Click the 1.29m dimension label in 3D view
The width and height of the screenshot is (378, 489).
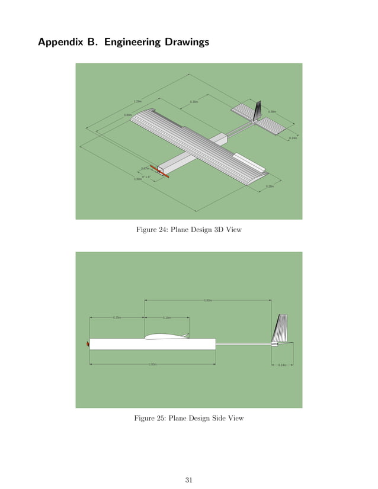[x=137, y=101]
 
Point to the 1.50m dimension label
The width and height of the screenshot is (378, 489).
[x=138, y=178]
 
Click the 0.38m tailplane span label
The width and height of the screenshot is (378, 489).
[x=271, y=111]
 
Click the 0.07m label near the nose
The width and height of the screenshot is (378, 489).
[x=145, y=168]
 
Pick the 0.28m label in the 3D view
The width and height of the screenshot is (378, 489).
[x=270, y=186]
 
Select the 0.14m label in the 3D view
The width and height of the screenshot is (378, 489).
[x=292, y=138]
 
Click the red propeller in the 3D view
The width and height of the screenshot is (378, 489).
[x=159, y=171]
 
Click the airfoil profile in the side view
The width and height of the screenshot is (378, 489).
[x=166, y=336]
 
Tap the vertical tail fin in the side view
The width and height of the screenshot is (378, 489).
[x=281, y=328]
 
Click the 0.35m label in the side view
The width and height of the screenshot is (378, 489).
[x=117, y=318]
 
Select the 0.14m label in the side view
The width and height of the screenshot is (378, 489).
[x=282, y=365]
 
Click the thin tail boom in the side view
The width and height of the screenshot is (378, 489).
[x=243, y=343]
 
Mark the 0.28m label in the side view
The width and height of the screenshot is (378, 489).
[x=166, y=318]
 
